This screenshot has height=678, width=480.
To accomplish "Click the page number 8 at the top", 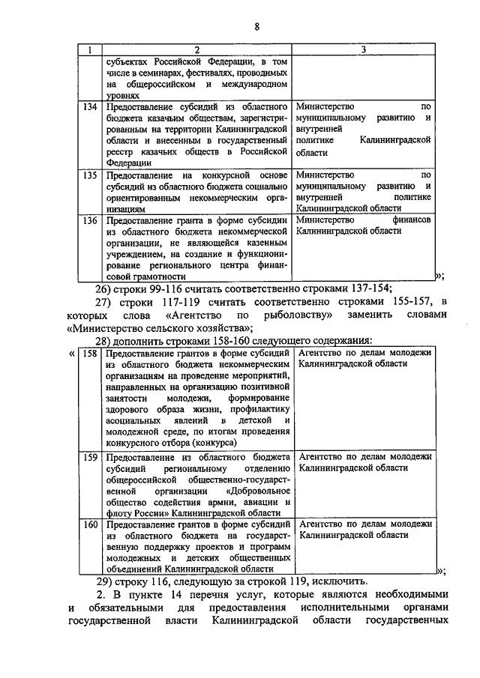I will coord(256,27).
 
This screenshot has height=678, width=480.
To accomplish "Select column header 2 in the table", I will coord(196,49).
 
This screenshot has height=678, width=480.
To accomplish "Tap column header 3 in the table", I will coord(363,49).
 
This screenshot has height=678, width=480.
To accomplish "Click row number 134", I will coord(90,107).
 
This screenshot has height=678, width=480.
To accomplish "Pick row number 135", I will coord(90,175).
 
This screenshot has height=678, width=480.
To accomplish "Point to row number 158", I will coord(90,353).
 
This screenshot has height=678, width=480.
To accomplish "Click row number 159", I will coord(90,456).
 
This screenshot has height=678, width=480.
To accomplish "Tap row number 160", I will coord(90,524).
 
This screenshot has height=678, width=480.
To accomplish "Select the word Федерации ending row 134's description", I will coord(129,161).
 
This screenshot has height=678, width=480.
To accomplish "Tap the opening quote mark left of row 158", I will coord(72,353).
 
